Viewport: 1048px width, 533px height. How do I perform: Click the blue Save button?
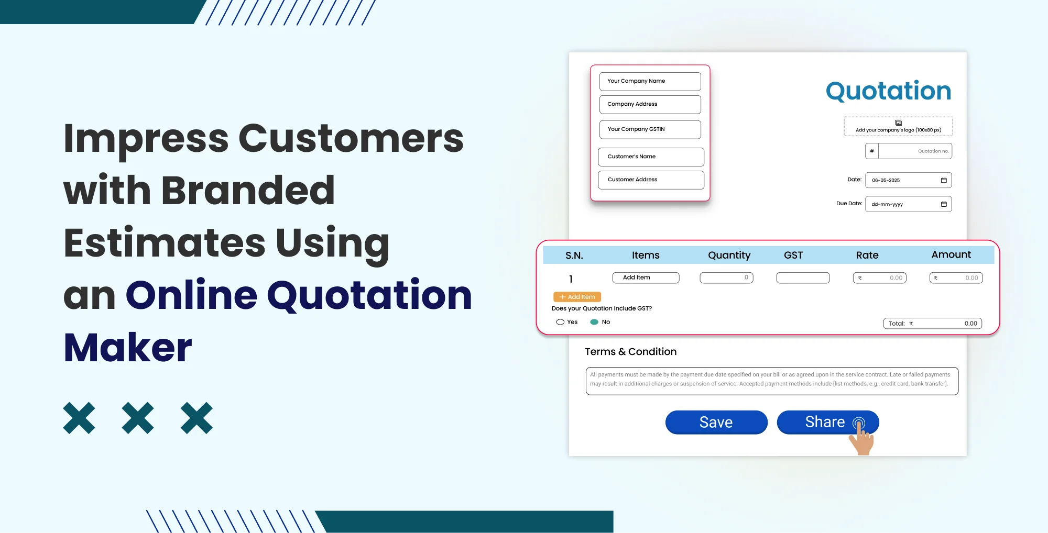pos(716,422)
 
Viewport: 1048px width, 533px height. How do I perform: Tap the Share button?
pos(825,422)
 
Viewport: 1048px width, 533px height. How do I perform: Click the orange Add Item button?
pos(577,297)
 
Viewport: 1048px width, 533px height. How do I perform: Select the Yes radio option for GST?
pos(560,322)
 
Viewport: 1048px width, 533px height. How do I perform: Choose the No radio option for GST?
pos(594,322)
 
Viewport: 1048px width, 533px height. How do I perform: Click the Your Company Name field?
pos(650,81)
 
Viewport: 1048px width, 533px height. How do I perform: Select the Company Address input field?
pos(650,104)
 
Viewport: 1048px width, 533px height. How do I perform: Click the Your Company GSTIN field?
pos(650,129)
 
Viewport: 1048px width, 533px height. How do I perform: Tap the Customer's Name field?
pos(651,157)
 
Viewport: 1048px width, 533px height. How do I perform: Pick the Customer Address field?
pos(651,180)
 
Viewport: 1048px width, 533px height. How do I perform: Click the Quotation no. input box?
pos(914,151)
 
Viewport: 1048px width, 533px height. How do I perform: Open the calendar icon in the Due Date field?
pos(944,204)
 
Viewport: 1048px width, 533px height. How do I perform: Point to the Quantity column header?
pos(729,255)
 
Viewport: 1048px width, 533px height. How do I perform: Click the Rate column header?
pos(867,255)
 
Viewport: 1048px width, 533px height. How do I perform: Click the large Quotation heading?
pos(888,91)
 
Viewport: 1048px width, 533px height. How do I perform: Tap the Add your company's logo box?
pos(898,127)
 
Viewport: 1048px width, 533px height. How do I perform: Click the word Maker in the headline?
pos(128,347)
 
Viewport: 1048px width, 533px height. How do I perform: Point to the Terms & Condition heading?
pos(630,352)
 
